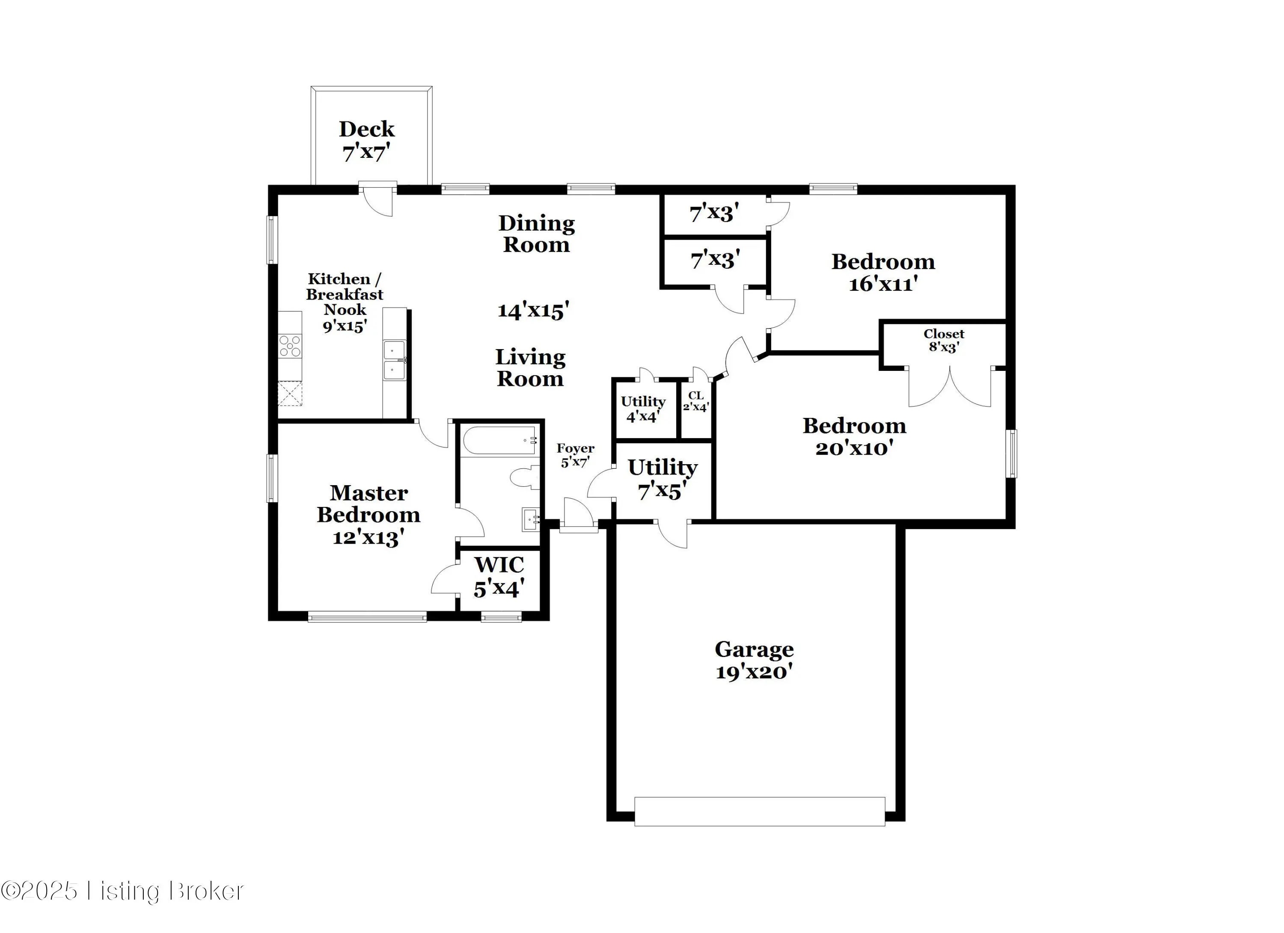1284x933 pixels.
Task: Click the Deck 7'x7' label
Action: (366, 141)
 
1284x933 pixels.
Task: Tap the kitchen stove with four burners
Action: (290, 346)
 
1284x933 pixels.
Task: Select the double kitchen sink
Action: (395, 360)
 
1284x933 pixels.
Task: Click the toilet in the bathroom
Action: (526, 477)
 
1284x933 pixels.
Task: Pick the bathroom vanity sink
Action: (530, 519)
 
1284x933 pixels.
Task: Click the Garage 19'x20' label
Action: (754, 660)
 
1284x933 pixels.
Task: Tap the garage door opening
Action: (759, 812)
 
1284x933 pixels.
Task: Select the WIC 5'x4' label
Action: (499, 577)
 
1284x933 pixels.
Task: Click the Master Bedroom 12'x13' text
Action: (369, 515)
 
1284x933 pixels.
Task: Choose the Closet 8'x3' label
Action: (944, 341)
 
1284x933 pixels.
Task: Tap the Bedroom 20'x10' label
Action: (854, 437)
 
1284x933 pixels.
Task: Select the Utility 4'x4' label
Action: (643, 409)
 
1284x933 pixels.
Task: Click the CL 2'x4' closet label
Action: (696, 401)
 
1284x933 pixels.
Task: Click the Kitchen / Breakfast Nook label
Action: (345, 302)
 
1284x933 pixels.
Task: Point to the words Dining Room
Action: (537, 234)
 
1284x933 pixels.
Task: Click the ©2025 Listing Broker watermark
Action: (122, 891)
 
